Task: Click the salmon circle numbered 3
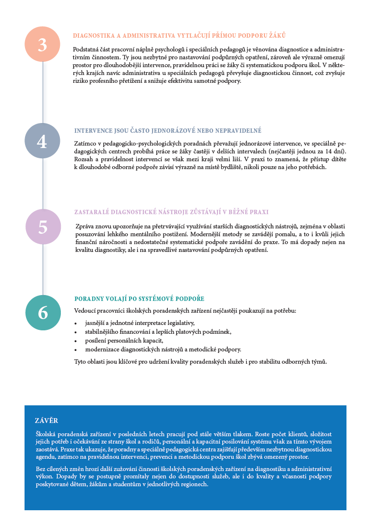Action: pyautogui.click(x=43, y=44)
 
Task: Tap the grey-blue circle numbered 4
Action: pyautogui.click(x=43, y=141)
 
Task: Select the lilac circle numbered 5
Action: pyautogui.click(x=43, y=226)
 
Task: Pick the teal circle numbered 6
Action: pyautogui.click(x=43, y=312)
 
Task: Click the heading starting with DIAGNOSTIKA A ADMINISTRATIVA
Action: pyautogui.click(x=179, y=35)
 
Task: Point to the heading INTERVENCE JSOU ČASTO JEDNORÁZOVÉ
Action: pyautogui.click(x=168, y=131)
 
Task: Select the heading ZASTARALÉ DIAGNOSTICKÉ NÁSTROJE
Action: pyautogui.click(x=171, y=212)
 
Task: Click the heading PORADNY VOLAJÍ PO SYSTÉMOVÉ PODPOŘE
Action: pyautogui.click(x=139, y=298)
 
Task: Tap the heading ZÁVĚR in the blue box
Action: pyautogui.click(x=47, y=421)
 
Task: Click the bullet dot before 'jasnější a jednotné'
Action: pyautogui.click(x=76, y=323)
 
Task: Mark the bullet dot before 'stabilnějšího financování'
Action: pyautogui.click(x=76, y=332)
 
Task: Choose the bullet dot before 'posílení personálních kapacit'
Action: pyautogui.click(x=76, y=341)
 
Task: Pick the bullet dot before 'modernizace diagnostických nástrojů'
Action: pyautogui.click(x=76, y=350)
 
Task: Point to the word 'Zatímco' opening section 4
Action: pyautogui.click(x=85, y=143)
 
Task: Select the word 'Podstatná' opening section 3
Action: pyautogui.click(x=86, y=50)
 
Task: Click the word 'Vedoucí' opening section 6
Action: pyautogui.click(x=84, y=311)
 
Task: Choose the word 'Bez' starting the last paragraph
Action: pyautogui.click(x=41, y=469)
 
